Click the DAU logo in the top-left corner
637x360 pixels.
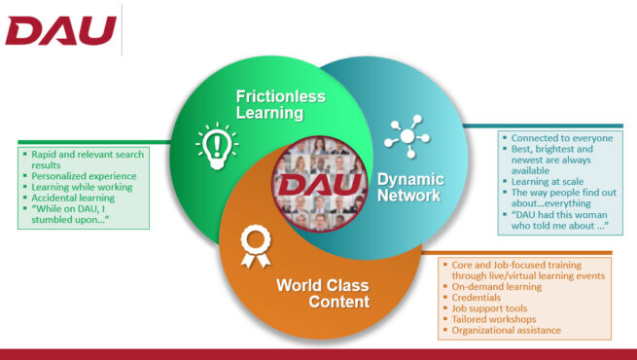60,31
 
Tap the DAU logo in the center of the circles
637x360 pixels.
319,184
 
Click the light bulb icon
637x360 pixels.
217,144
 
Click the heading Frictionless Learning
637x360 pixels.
280,104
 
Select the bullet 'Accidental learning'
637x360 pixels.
74,198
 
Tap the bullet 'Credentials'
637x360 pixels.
477,298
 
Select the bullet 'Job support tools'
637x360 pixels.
491,308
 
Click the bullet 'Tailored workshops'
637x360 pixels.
495,319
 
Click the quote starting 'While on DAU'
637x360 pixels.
81,214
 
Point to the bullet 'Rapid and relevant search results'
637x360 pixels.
84,158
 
